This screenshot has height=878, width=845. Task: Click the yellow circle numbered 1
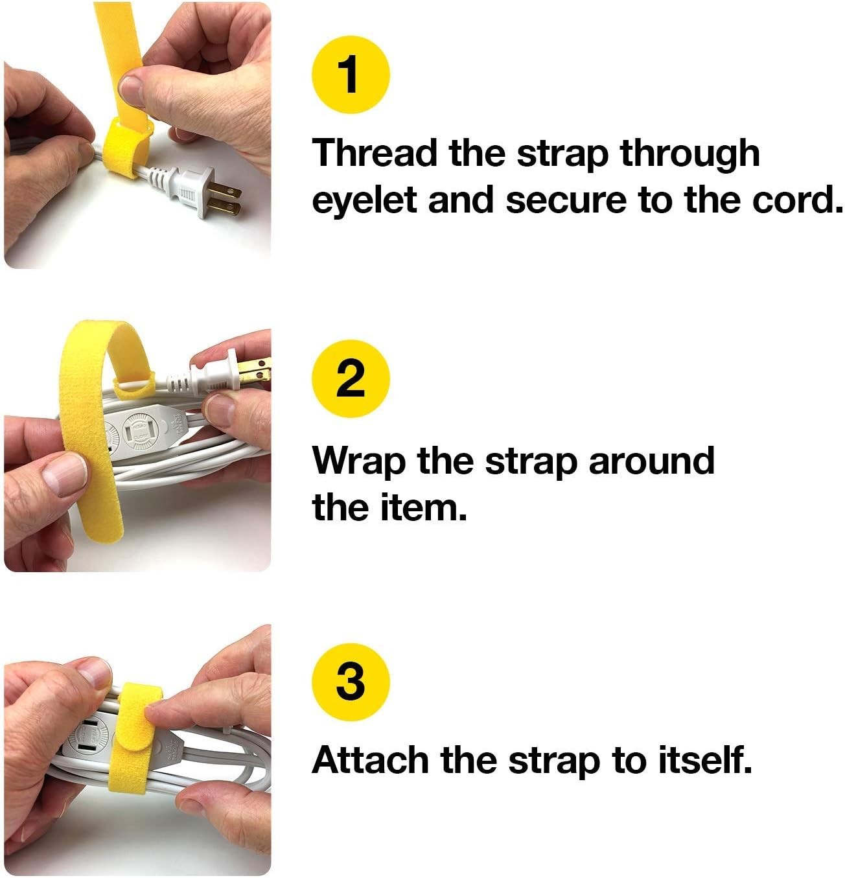click(x=351, y=75)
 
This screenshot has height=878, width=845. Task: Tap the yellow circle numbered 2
click(x=351, y=378)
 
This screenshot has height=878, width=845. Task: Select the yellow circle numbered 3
click(x=351, y=682)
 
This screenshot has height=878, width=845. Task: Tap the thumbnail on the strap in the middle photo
click(x=65, y=472)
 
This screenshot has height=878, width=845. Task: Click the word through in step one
click(x=689, y=154)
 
